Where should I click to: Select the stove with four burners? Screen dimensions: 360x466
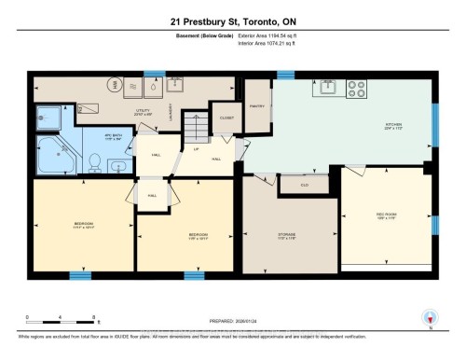pyautogui.click(x=357, y=90)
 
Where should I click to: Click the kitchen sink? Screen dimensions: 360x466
pyautogui.click(x=329, y=90)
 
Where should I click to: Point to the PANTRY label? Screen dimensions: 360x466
pyautogui.click(x=257, y=105)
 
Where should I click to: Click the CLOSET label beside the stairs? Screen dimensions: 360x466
pyautogui.click(x=227, y=118)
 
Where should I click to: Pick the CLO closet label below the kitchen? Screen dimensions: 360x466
pyautogui.click(x=305, y=185)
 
